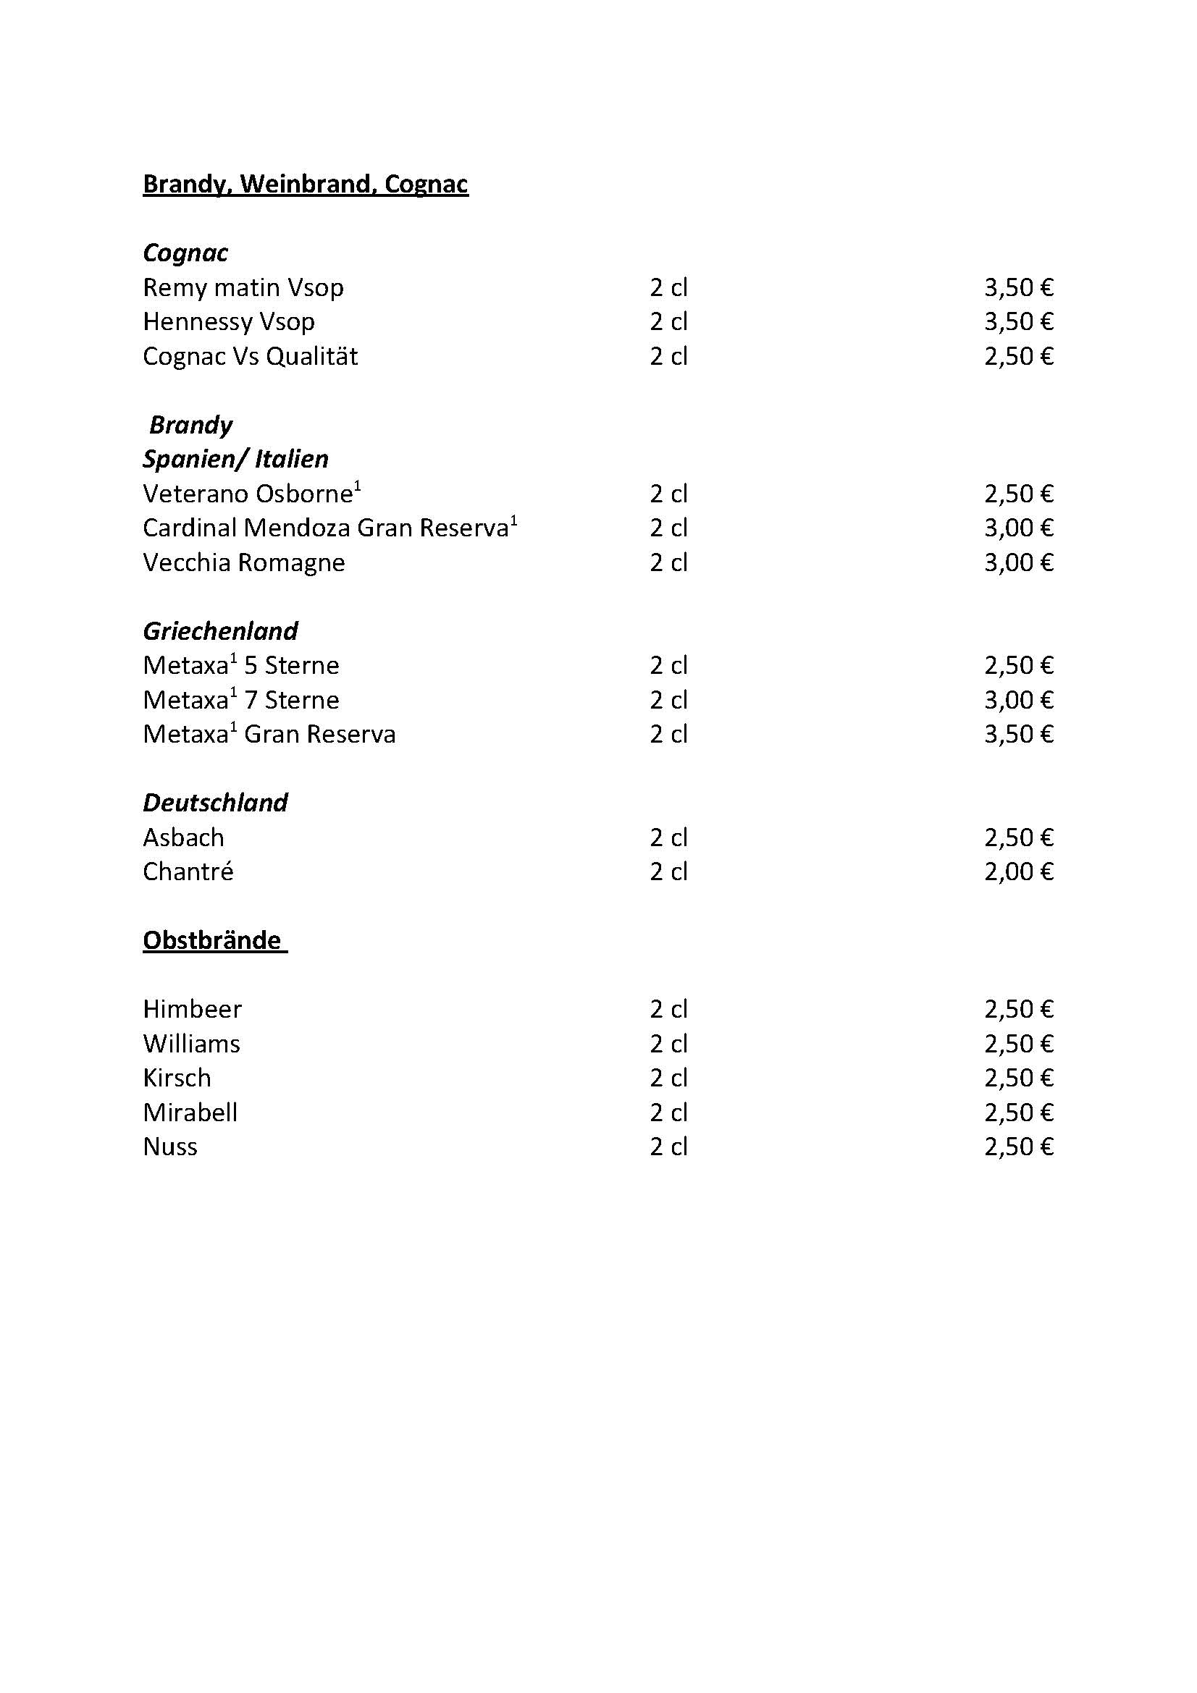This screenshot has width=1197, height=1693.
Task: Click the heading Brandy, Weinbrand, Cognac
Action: tap(306, 184)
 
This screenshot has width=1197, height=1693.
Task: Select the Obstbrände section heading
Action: tap(212, 940)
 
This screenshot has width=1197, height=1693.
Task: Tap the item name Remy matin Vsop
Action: tap(243, 287)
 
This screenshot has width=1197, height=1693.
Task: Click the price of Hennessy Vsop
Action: tap(1018, 321)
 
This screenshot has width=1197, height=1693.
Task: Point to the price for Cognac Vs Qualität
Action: tap(1018, 356)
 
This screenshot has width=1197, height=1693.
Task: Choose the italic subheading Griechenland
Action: tap(220, 631)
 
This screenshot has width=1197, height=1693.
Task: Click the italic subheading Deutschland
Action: tap(214, 802)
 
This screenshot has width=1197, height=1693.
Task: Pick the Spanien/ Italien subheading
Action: tap(235, 459)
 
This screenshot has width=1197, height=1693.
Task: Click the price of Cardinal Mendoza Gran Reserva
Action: tap(1018, 528)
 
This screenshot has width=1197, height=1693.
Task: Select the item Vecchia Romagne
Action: tap(243, 562)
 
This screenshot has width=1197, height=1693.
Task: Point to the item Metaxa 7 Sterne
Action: tap(240, 700)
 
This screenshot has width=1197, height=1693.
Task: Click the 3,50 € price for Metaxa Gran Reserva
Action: tap(1018, 734)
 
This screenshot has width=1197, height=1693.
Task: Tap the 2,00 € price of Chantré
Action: tap(1018, 871)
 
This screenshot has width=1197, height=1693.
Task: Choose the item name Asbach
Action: tap(183, 837)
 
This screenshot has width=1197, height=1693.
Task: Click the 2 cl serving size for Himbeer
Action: tap(668, 1009)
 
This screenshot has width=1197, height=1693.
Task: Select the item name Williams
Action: tap(191, 1044)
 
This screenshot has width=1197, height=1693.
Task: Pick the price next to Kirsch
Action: tap(1018, 1078)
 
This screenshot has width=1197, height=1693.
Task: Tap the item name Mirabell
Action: tap(190, 1112)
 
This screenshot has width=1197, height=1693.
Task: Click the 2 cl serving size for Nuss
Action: tap(668, 1147)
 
